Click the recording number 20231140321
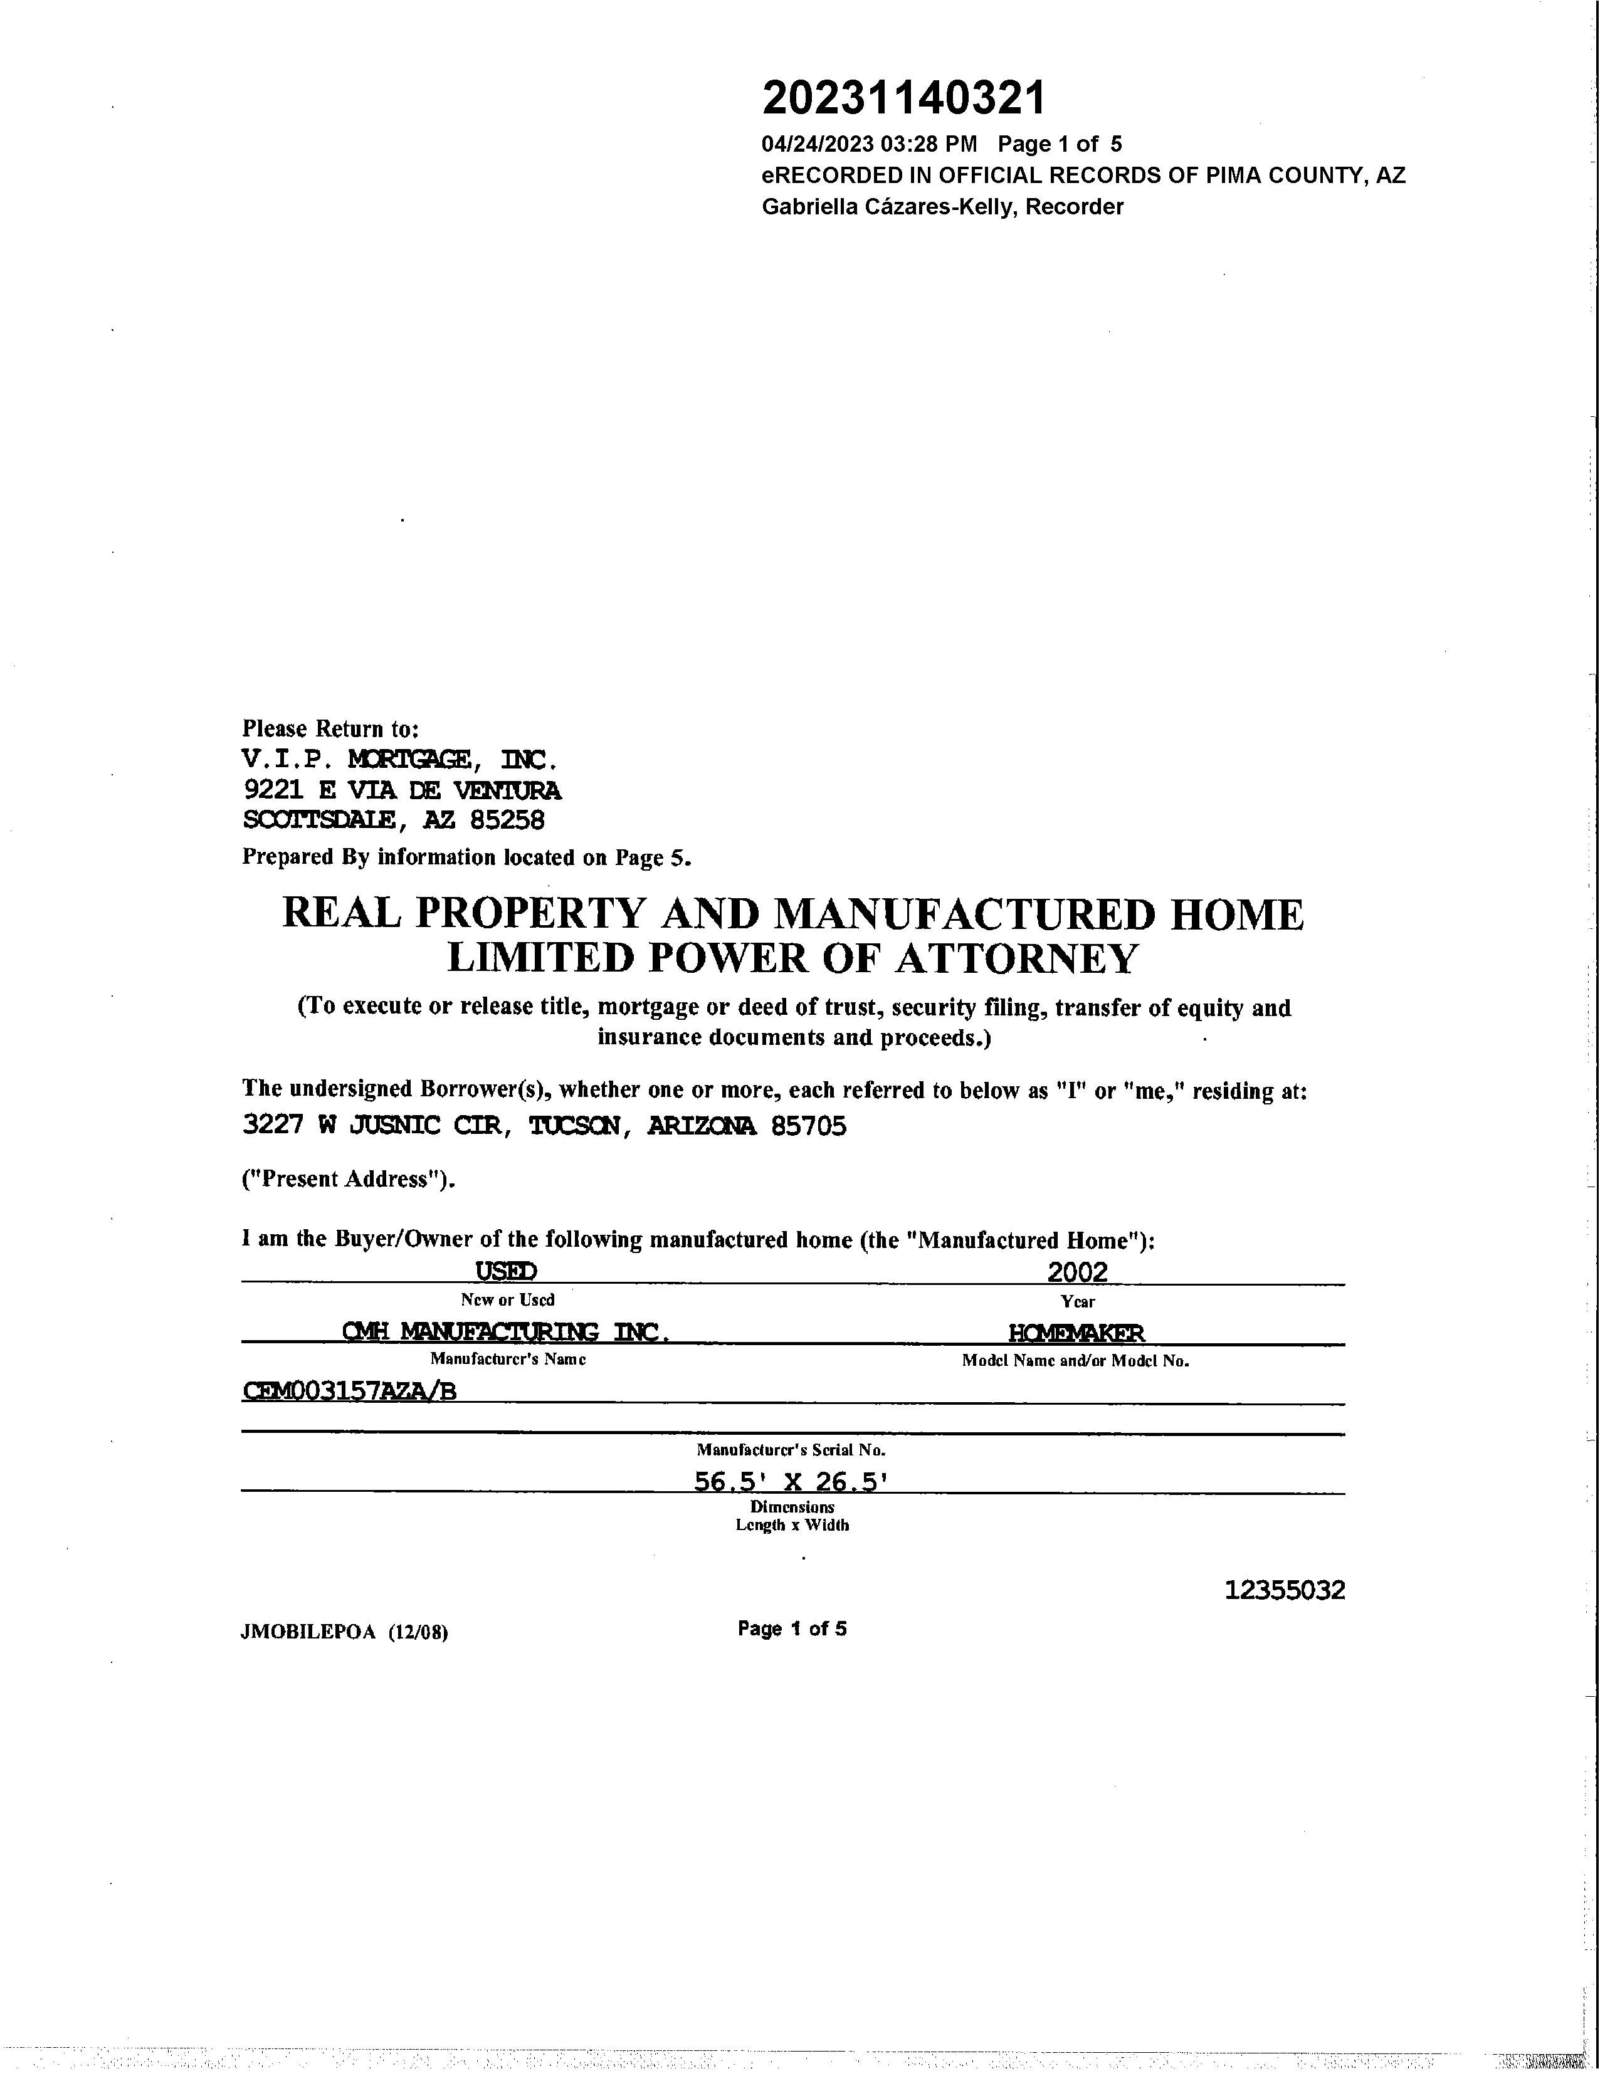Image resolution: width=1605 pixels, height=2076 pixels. click(x=903, y=98)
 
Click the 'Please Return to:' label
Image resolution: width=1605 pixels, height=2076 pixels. click(x=330, y=729)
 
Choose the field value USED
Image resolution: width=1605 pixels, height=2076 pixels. click(x=506, y=1271)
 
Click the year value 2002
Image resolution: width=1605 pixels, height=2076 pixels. click(x=1077, y=1272)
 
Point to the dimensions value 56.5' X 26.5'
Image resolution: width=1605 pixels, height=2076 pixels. click(x=791, y=1482)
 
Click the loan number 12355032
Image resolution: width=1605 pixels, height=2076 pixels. click(x=1285, y=1590)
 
